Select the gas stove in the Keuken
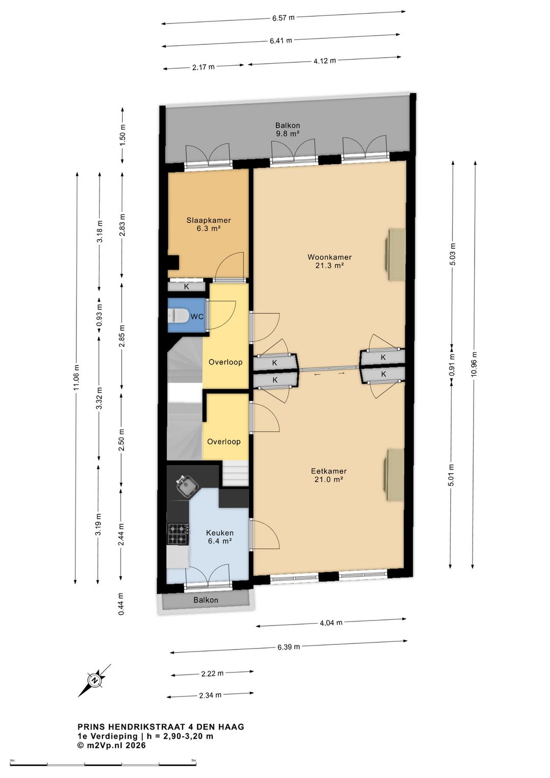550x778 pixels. click(178, 533)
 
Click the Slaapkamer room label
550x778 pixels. click(209, 220)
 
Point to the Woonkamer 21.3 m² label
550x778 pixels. click(329, 261)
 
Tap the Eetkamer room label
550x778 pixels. click(328, 471)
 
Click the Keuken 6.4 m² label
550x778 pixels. click(219, 536)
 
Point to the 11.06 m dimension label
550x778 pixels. click(77, 377)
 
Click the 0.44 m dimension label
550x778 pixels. click(121, 604)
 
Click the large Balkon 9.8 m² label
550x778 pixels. click(288, 129)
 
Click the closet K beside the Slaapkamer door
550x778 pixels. click(186, 287)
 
